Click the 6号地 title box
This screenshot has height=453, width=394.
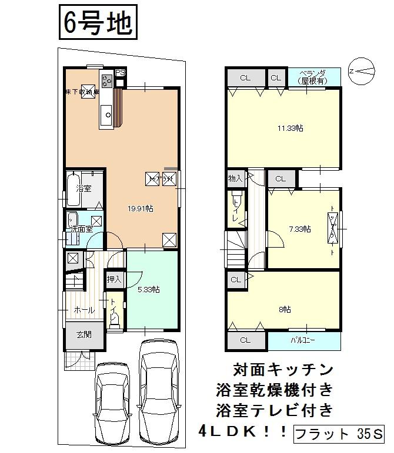(98, 24)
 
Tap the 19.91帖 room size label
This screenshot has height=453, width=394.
(141, 208)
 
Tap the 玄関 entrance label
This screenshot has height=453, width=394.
(84, 335)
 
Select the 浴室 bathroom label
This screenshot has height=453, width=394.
(84, 189)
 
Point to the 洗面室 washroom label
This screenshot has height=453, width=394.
(82, 229)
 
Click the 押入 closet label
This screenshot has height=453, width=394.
(113, 280)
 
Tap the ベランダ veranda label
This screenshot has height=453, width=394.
(314, 76)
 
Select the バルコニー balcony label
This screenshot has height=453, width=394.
(303, 340)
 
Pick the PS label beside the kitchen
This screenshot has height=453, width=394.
(120, 73)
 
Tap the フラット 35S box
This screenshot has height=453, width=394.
(338, 436)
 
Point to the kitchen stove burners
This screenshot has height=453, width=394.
(107, 80)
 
